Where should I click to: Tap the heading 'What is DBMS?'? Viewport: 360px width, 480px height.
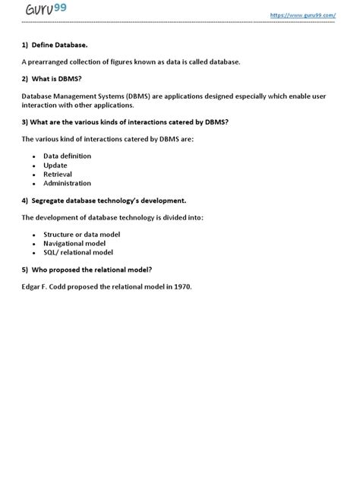click(62, 78)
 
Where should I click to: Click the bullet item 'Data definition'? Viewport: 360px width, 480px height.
click(67, 156)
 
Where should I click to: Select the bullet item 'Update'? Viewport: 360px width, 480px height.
click(55, 165)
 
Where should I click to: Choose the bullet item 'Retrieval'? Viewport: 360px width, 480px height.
click(57, 174)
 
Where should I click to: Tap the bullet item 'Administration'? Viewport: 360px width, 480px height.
click(67, 183)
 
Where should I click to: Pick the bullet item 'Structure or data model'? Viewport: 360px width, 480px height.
click(81, 235)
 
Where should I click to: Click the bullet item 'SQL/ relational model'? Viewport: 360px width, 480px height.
click(77, 252)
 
